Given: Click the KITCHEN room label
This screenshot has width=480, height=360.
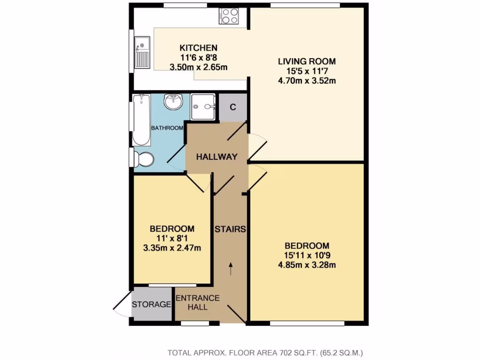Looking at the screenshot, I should [199, 48].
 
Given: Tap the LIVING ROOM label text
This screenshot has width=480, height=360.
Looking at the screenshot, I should [307, 61].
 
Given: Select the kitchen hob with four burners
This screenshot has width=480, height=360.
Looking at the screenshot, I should [230, 16].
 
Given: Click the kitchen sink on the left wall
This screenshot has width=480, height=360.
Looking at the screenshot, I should [142, 52].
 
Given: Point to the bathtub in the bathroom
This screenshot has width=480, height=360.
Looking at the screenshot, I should [141, 120].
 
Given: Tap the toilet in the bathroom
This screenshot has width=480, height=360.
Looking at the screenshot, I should [144, 159].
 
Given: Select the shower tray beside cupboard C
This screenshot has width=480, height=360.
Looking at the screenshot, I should [203, 106].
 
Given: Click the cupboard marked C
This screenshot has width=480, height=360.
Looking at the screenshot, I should [232, 106].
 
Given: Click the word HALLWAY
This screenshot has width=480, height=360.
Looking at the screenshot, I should [217, 157].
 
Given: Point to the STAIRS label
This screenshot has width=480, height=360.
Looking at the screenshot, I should [230, 229].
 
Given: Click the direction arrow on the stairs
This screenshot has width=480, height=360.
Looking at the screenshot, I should [230, 268].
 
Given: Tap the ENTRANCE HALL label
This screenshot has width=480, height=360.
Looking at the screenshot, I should [197, 302].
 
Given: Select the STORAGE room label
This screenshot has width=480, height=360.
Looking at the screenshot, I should [151, 305].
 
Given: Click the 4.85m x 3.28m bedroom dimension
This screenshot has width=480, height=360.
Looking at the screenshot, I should [307, 265].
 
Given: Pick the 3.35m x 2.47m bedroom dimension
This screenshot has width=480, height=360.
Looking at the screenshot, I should [172, 248].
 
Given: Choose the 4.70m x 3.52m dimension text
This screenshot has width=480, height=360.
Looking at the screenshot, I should [307, 81].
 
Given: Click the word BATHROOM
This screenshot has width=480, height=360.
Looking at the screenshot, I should [166, 128].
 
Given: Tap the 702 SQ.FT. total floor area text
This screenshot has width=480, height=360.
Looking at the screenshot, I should [266, 352].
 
